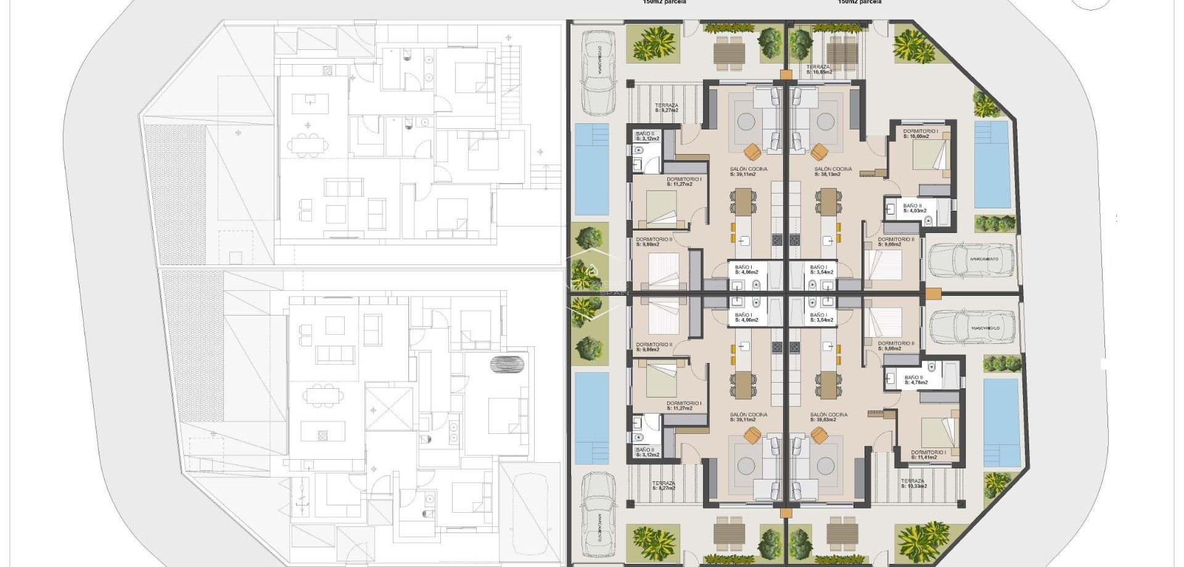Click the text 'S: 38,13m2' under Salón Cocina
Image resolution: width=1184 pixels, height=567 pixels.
[x=833, y=174]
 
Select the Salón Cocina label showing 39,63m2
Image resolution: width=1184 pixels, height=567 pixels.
[x=829, y=417]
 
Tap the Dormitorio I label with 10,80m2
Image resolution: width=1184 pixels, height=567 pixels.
[x=920, y=134]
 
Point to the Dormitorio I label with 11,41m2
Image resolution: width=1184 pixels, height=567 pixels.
[x=928, y=455]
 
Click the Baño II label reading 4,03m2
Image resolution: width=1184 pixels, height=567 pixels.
[x=913, y=208]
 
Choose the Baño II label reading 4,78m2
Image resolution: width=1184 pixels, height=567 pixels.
[x=915, y=380]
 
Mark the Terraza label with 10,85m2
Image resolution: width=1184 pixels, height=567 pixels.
[x=818, y=69]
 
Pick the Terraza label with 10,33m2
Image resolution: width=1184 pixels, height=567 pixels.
[x=913, y=483]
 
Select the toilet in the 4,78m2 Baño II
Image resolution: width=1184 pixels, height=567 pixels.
[x=931, y=368]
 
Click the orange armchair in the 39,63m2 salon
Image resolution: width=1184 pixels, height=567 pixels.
[x=819, y=435]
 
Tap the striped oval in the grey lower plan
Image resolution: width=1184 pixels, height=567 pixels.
[x=507, y=364]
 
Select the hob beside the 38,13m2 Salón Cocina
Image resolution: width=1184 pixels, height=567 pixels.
[x=794, y=240]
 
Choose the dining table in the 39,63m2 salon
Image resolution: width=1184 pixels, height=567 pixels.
[x=828, y=385]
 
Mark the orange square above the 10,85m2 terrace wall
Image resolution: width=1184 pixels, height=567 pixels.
[x=785, y=75]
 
